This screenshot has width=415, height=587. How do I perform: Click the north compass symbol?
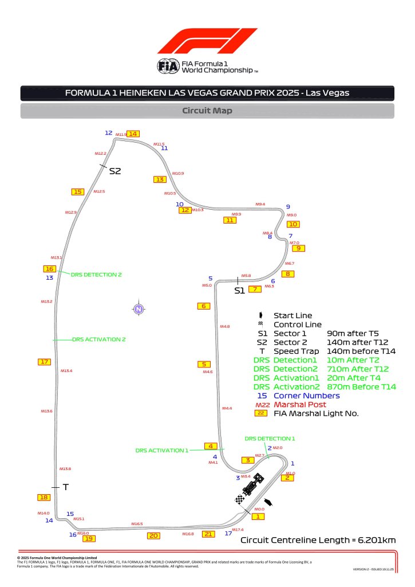point(138,310)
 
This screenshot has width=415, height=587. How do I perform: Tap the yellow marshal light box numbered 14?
point(133,134)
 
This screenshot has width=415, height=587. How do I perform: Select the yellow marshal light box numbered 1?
point(258,516)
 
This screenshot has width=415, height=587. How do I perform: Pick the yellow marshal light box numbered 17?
point(44,361)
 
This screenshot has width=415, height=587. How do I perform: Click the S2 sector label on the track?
point(115,171)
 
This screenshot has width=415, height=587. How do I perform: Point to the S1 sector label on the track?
point(239,291)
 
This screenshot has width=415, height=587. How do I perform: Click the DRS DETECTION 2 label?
point(96,275)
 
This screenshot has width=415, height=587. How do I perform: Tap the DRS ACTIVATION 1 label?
point(161,450)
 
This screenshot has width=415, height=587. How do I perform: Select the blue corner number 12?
point(108,132)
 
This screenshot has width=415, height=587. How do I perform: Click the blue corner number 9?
point(288,206)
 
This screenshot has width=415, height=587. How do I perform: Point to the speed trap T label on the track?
point(66,487)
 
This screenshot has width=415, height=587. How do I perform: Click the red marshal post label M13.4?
point(66,371)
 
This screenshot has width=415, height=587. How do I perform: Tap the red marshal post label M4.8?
point(225,326)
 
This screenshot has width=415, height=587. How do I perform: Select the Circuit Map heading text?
point(207,111)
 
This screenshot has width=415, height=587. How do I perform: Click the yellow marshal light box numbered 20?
point(153,535)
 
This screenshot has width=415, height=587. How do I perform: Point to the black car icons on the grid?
point(252,485)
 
